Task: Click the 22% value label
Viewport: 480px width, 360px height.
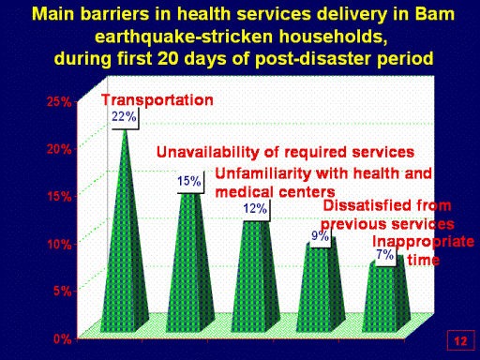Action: (x=125, y=117)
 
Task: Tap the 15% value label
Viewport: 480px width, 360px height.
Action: (x=189, y=181)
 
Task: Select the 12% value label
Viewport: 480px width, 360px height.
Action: (x=256, y=209)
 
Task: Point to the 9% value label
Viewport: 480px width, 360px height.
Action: (x=321, y=236)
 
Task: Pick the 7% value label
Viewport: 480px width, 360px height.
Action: (x=385, y=255)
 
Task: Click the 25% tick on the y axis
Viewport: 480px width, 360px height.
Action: (x=59, y=102)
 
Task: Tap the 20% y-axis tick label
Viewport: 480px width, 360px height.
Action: (x=59, y=149)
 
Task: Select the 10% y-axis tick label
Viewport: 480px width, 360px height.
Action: (x=59, y=244)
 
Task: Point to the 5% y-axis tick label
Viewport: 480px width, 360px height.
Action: (x=63, y=291)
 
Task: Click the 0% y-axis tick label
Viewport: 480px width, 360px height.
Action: (x=63, y=338)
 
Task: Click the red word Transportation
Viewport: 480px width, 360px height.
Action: (x=157, y=100)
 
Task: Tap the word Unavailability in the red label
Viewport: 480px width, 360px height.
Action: (x=208, y=153)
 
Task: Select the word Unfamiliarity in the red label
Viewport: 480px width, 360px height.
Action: (x=263, y=173)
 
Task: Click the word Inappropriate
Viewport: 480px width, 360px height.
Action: (x=424, y=243)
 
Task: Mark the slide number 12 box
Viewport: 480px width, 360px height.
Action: (x=460, y=340)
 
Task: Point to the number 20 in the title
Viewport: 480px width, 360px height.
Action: (x=168, y=58)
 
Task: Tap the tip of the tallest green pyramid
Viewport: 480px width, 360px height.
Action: (x=125, y=129)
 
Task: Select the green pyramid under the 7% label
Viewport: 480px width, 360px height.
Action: (x=386, y=297)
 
